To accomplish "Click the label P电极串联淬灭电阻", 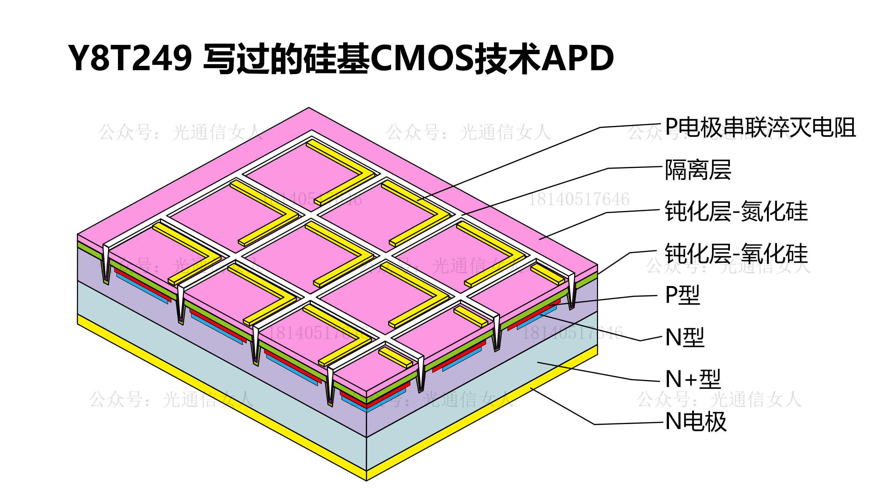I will pyautogui.click(x=760, y=127).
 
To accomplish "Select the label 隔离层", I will pyautogui.click(x=698, y=170).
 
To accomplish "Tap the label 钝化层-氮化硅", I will pyautogui.click(x=736, y=211).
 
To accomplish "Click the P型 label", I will pyautogui.click(x=683, y=295).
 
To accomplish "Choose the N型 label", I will pyautogui.click(x=685, y=337).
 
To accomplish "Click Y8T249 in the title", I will pyautogui.click(x=130, y=58).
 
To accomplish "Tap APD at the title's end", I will pyautogui.click(x=577, y=58).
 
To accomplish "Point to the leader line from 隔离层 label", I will pyautogui.click(x=535, y=192).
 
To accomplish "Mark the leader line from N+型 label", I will pyautogui.click(x=584, y=371).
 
